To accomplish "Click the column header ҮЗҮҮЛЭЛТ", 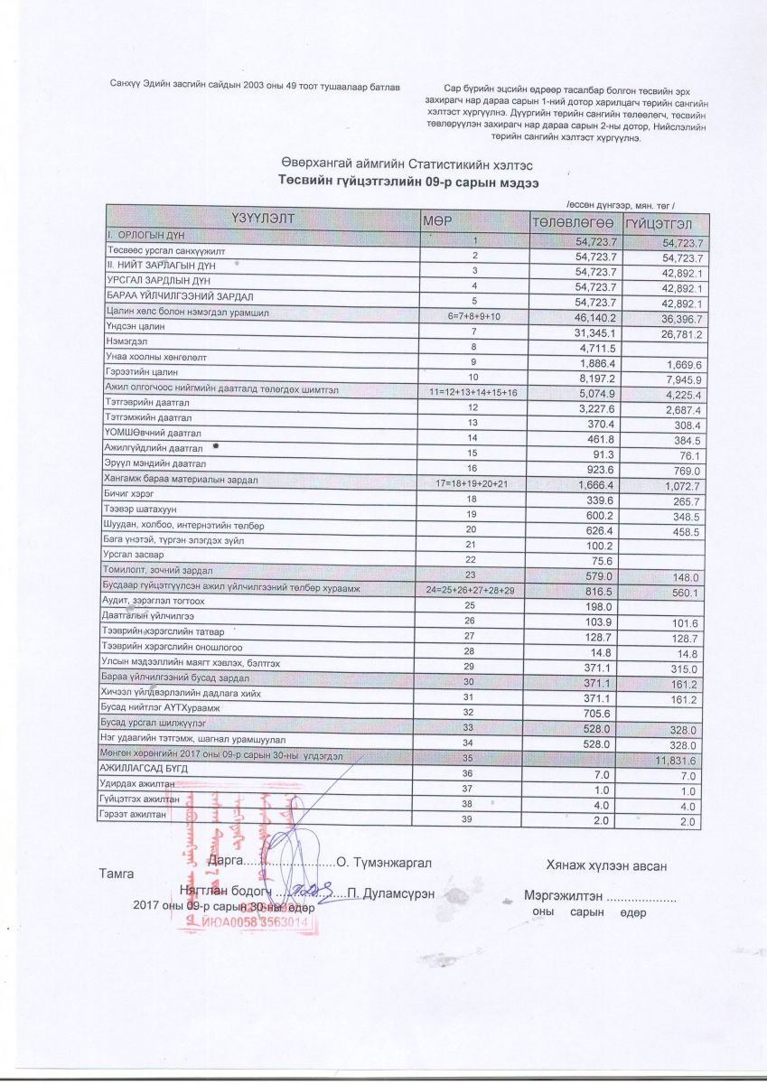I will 263,220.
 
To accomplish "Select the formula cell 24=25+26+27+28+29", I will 474,590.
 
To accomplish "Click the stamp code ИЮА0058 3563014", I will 256,923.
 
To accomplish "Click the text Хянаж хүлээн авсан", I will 606,866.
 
